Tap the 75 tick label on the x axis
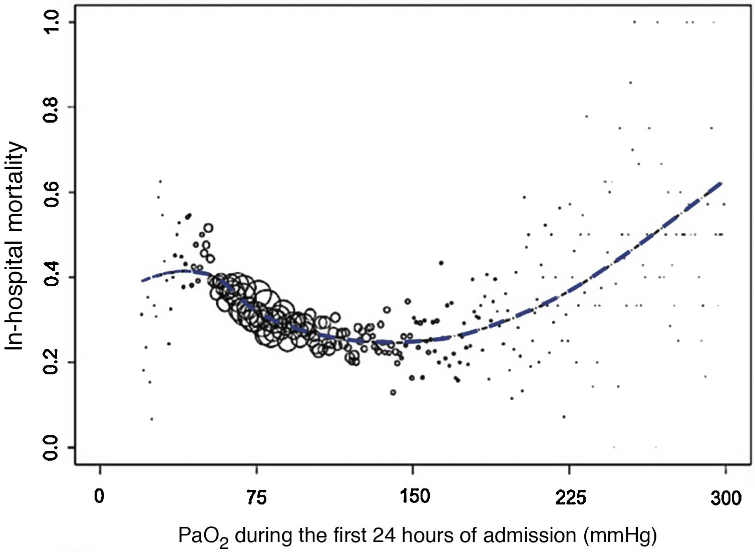(x=256, y=497)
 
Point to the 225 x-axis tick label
(x=570, y=497)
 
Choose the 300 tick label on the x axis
(x=725, y=497)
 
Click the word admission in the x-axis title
(x=529, y=535)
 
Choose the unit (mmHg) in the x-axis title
(x=620, y=536)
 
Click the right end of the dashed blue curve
(x=721, y=183)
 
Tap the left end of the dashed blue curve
(x=142, y=281)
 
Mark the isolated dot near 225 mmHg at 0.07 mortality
(x=564, y=416)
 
